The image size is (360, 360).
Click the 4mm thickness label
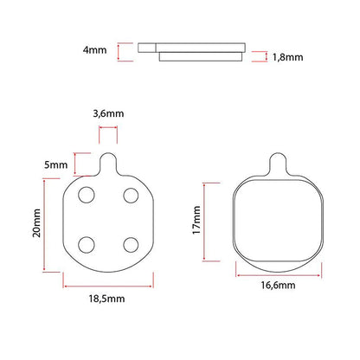click(94, 50)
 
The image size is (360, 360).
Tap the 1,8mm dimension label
click(287, 57)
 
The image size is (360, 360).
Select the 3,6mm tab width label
click(108, 113)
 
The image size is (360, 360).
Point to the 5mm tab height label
click(55, 165)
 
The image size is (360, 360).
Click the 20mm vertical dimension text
click(36, 223)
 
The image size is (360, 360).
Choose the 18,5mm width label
click(106, 299)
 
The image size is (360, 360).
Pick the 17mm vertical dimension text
click(196, 220)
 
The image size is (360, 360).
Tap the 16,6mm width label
click(278, 286)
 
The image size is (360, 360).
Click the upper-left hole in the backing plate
click(87, 195)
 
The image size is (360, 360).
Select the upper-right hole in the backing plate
click(131, 196)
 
